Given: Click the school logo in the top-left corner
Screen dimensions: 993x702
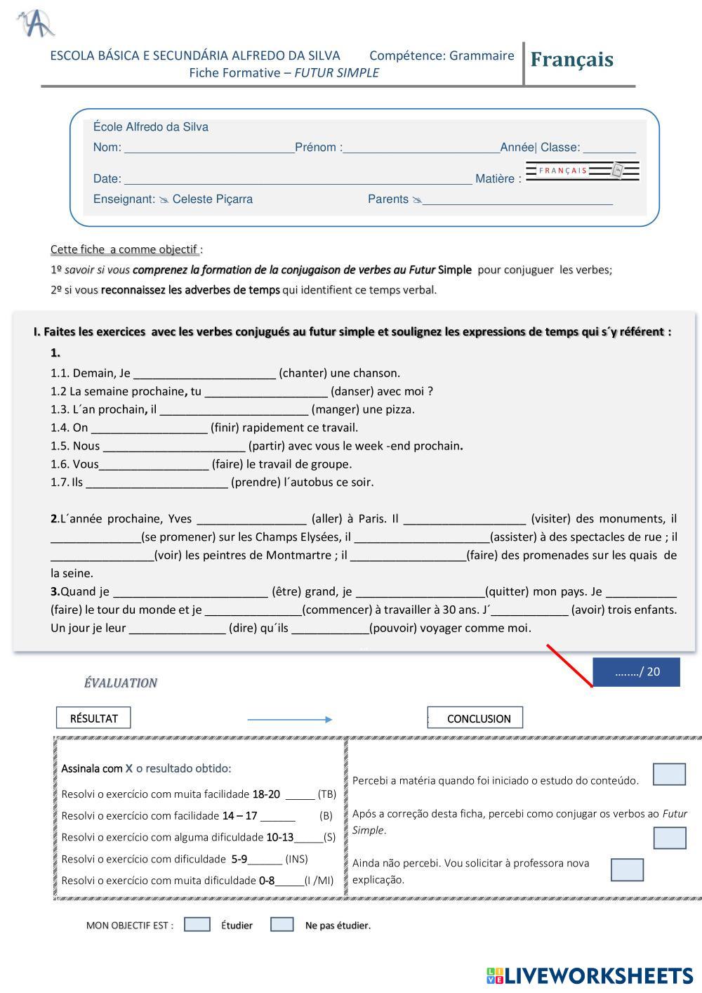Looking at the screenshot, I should [x=36, y=24].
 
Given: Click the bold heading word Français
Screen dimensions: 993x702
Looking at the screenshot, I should [x=571, y=60].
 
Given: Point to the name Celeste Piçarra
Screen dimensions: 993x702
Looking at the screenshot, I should [x=212, y=199].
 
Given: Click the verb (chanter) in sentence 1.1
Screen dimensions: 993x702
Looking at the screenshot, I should [x=304, y=373].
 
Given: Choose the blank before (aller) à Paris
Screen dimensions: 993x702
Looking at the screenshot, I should [x=251, y=520].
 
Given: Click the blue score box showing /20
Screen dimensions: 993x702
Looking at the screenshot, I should [x=636, y=672].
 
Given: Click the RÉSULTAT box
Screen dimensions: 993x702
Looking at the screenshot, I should [x=93, y=718].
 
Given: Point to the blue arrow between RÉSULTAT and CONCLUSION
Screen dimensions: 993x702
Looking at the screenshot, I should [x=289, y=719].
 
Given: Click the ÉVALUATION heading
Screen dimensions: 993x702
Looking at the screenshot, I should [x=120, y=683].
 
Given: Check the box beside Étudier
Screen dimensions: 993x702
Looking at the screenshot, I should [x=197, y=925].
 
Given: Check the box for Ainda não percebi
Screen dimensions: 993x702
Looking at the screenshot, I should [x=627, y=869].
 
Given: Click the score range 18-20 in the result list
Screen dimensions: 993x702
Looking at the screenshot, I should [x=266, y=794].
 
